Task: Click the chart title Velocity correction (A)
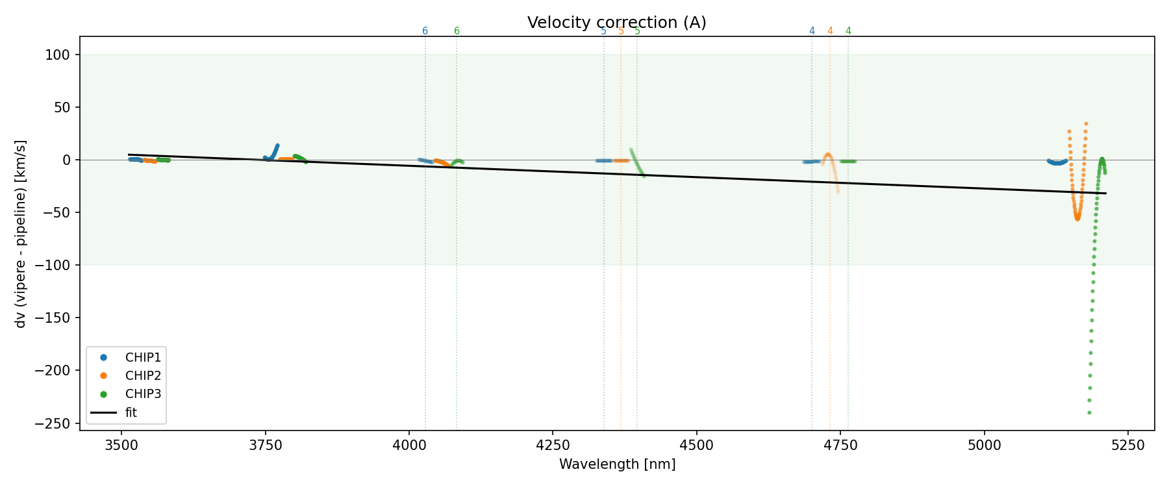[x=616, y=23]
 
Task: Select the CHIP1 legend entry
[x=143, y=357]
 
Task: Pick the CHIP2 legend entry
[x=143, y=375]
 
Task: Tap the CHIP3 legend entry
[x=143, y=393]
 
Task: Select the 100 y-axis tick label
[x=61, y=55]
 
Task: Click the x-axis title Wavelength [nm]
[x=617, y=464]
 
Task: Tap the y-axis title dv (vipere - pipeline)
[x=21, y=234]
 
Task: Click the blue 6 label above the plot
[x=425, y=31]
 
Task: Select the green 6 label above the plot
[x=457, y=31]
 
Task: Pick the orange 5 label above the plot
[x=621, y=31]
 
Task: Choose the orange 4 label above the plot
[x=830, y=31]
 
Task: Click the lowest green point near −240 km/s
[x=1089, y=412]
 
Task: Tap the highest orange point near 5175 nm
[x=1085, y=123]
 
